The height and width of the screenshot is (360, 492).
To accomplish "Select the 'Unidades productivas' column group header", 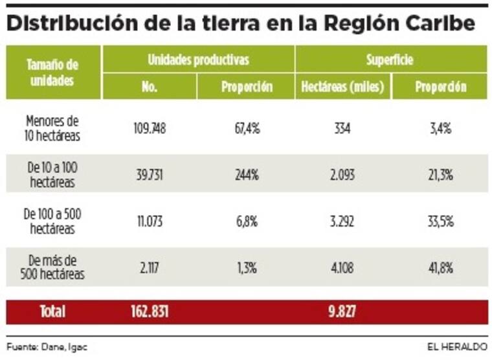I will tap(198, 60).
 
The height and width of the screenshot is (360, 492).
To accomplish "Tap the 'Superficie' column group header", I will tap(391, 60).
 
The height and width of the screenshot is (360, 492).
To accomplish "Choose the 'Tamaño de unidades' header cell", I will tap(52, 73).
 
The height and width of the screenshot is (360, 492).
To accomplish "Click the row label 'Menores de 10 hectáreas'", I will tap(52, 128).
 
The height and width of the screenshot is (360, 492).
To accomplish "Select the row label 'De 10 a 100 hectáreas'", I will tap(52, 174).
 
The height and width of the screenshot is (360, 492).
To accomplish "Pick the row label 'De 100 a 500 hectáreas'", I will tap(52, 221).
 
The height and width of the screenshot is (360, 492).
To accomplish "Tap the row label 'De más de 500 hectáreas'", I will tap(52, 267).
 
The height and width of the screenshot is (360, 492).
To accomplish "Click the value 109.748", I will tap(149, 128).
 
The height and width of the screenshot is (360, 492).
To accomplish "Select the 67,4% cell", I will tap(247, 128).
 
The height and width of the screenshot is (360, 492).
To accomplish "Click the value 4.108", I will tap(343, 267).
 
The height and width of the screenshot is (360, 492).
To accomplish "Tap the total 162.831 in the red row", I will tap(149, 312).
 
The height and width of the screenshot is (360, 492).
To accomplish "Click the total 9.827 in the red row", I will tap(343, 312).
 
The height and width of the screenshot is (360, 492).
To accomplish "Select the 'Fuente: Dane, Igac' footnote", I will tap(47, 346).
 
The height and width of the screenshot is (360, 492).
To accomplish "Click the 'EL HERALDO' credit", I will tap(456, 346).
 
